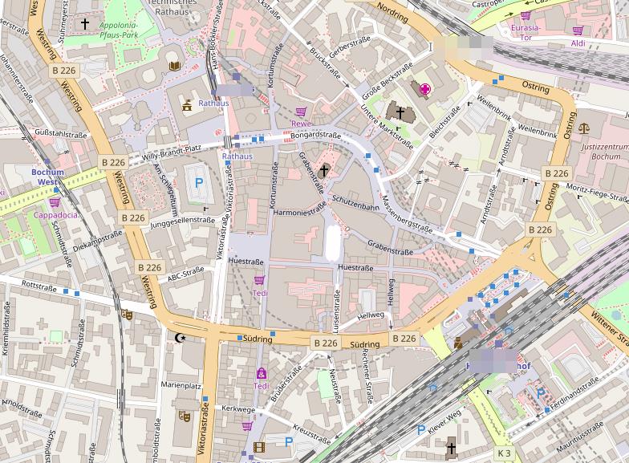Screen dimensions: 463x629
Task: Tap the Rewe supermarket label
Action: [301, 124]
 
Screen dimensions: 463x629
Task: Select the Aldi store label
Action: [578, 43]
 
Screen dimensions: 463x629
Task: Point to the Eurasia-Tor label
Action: [526, 32]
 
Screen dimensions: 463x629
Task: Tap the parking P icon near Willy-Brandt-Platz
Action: [199, 183]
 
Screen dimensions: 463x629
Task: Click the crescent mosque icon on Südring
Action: [181, 338]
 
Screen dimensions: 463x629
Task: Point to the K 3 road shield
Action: [503, 453]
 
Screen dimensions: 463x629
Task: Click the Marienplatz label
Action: [181, 385]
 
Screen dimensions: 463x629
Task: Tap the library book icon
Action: [174, 64]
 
